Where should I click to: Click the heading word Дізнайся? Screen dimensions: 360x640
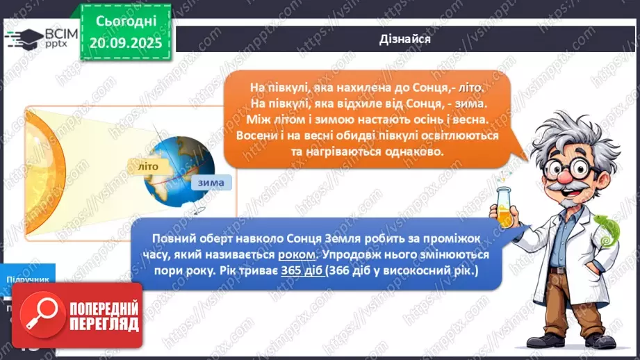(406, 39)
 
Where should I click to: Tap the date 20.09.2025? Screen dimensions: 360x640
(126, 42)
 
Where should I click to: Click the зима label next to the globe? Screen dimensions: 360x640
(211, 183)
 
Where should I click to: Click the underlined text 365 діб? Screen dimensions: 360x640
(302, 270)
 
